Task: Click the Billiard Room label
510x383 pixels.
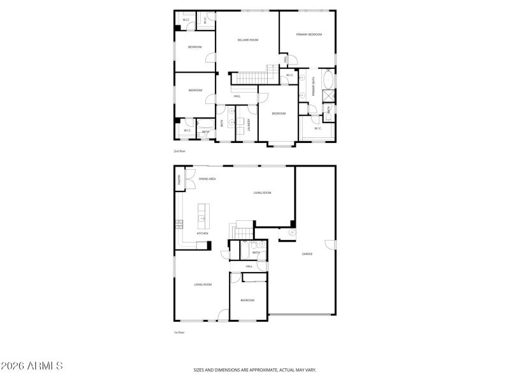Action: (x=248, y=40)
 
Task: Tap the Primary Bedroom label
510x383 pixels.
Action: (x=309, y=34)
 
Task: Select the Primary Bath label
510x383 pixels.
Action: (x=313, y=91)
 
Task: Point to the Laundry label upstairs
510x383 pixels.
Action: (x=249, y=124)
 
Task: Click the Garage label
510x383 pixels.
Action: (x=307, y=254)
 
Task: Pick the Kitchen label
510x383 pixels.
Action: (x=203, y=234)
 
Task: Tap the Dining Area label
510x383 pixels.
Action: (x=207, y=179)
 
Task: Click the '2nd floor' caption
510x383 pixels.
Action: (x=179, y=151)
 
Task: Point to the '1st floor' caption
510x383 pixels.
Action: (x=179, y=333)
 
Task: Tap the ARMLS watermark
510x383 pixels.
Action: (x=32, y=366)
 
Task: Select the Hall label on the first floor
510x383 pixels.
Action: (x=249, y=266)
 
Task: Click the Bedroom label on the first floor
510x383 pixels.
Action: (x=247, y=300)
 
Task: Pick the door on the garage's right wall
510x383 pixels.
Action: (x=330, y=244)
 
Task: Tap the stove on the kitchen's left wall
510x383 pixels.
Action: (x=179, y=223)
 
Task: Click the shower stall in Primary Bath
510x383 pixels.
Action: (x=329, y=97)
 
